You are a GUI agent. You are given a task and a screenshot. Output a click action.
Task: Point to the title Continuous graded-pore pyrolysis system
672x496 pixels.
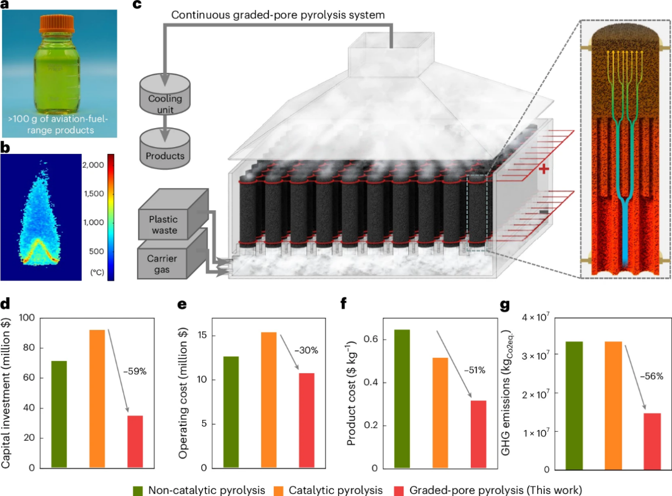coord(278,14)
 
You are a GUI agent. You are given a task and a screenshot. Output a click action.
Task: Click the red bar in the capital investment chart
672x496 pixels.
coord(135,441)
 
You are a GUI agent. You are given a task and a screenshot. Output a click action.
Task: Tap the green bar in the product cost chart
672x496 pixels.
coord(402,399)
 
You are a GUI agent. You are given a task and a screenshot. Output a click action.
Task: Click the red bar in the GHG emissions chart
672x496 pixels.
coord(653,441)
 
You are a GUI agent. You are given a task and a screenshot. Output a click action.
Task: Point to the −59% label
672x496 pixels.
coord(135,371)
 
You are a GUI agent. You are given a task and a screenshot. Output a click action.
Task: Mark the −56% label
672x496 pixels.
coord(652,376)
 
